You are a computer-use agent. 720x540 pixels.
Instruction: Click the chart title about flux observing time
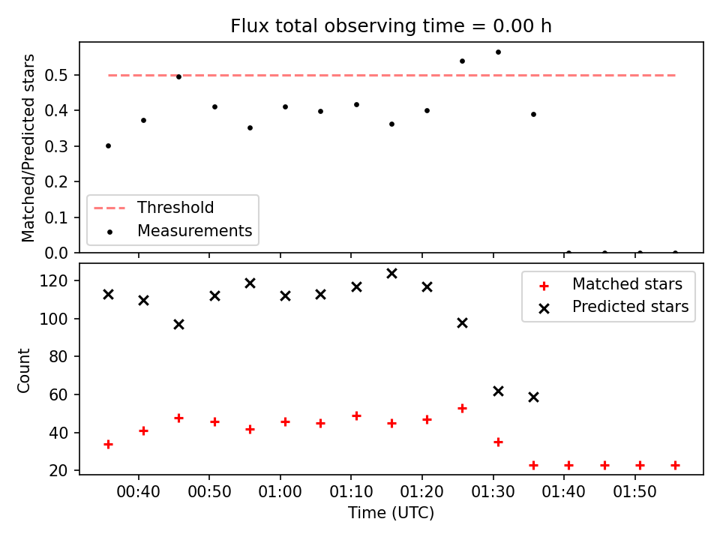(391, 26)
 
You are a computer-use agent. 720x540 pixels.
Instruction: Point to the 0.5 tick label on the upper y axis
(56, 75)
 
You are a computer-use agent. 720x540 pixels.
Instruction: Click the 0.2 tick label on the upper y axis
(56, 181)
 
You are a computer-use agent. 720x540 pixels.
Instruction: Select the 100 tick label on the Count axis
(54, 319)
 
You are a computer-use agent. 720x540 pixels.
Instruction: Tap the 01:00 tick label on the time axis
(280, 492)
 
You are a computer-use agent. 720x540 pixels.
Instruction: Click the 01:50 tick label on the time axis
(635, 492)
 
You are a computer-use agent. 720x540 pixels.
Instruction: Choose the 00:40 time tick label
(138, 492)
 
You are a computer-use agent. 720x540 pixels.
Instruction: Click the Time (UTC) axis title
(391, 512)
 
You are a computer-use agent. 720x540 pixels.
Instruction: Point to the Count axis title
(23, 370)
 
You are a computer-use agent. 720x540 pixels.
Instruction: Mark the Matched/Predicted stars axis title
(28, 148)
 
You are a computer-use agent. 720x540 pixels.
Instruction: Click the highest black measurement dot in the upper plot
(498, 52)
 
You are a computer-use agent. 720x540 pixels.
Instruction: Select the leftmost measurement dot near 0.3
(108, 146)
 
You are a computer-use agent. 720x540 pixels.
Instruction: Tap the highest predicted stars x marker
(391, 274)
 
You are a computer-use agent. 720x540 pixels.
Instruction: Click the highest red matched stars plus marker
(463, 408)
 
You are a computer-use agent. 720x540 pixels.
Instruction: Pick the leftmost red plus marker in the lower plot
(108, 445)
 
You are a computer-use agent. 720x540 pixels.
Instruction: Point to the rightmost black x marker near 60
(533, 397)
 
